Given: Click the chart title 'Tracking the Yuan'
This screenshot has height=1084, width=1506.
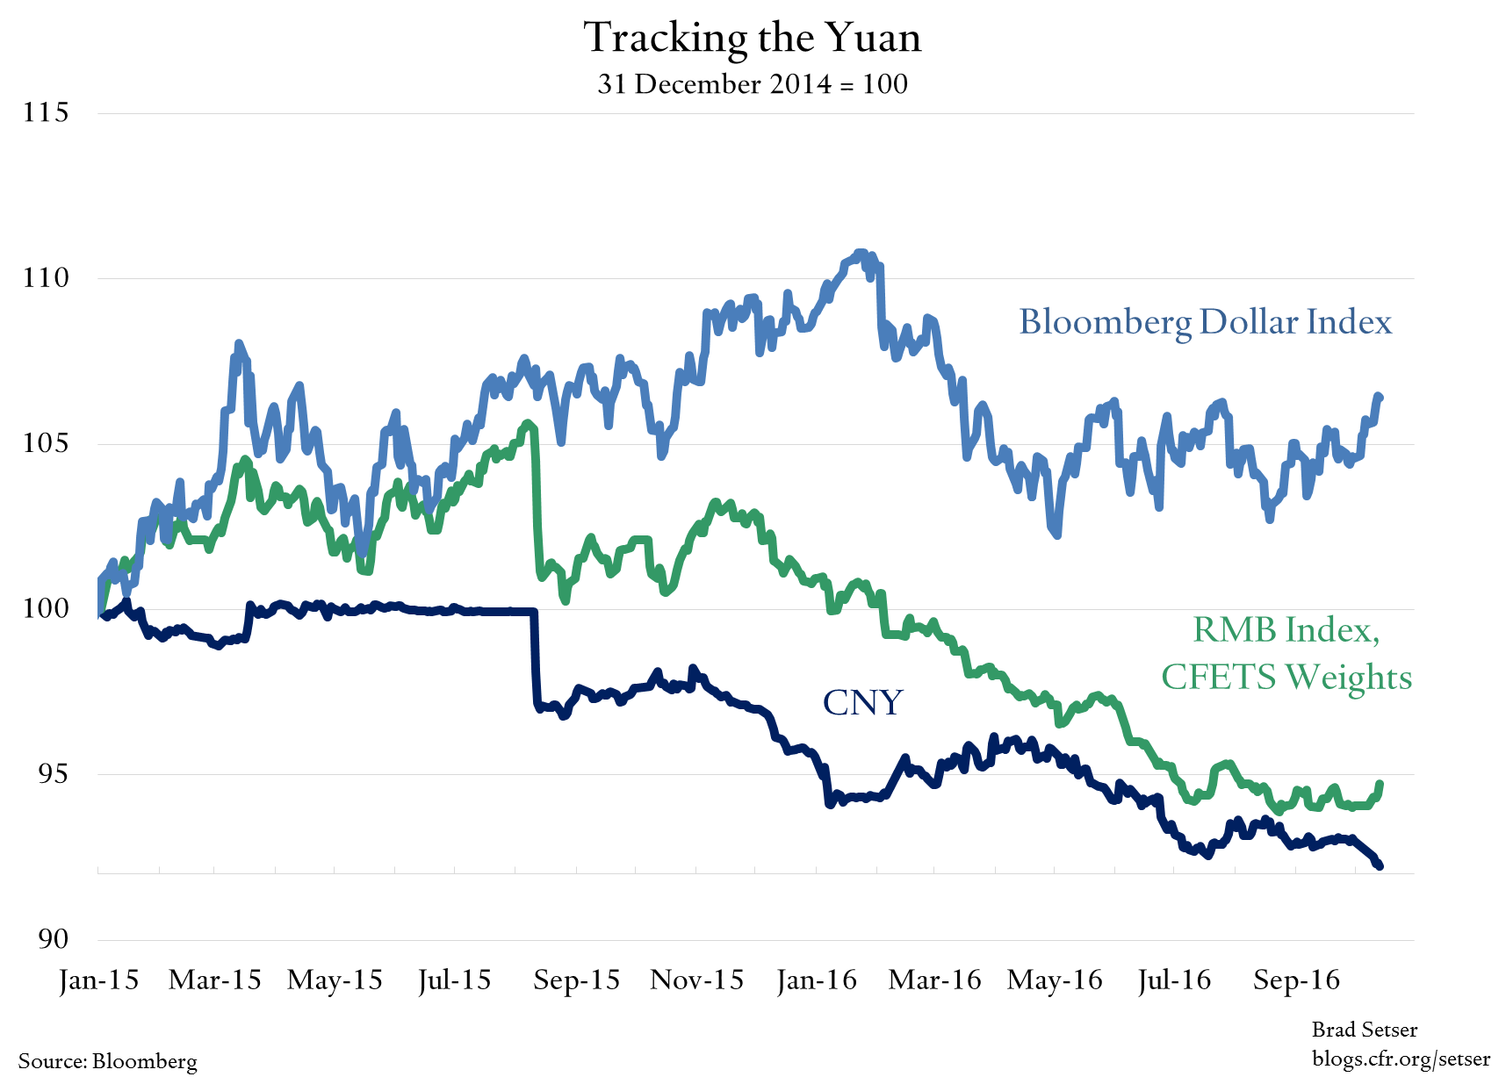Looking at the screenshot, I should (753, 38).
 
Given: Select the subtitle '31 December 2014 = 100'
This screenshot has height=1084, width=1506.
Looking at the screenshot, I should (753, 84).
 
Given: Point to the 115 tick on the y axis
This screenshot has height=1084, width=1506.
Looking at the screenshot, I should (46, 112).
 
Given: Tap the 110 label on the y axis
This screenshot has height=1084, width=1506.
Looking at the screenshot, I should (46, 277).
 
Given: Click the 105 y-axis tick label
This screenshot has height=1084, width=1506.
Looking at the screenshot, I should (46, 442).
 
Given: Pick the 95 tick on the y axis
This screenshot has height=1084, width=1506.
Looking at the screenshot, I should (53, 773).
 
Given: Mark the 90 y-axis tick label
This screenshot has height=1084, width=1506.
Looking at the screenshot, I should (53, 939).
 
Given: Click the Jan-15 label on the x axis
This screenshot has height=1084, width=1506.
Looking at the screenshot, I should (98, 980).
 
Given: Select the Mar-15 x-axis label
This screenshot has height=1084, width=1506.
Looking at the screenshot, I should (215, 980).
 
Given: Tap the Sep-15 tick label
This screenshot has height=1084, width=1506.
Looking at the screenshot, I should (576, 980).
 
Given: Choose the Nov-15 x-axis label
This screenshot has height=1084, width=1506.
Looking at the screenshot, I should (696, 980).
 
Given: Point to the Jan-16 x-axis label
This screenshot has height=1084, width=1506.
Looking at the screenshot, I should (817, 980).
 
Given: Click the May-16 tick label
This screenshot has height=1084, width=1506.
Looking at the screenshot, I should (1055, 980).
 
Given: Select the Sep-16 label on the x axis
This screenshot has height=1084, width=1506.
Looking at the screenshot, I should (1296, 980).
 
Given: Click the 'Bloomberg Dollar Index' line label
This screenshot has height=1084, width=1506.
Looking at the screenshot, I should (1205, 322).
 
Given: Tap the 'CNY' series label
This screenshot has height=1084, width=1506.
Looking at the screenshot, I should (862, 702).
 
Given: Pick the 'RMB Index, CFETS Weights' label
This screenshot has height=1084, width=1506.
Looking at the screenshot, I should (1286, 654).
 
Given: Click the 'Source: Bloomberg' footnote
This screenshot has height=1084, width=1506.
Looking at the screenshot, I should (108, 1061).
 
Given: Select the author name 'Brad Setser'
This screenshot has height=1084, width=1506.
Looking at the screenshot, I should (1364, 1030).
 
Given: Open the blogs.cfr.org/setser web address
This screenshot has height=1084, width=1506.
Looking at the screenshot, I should (1401, 1059).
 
